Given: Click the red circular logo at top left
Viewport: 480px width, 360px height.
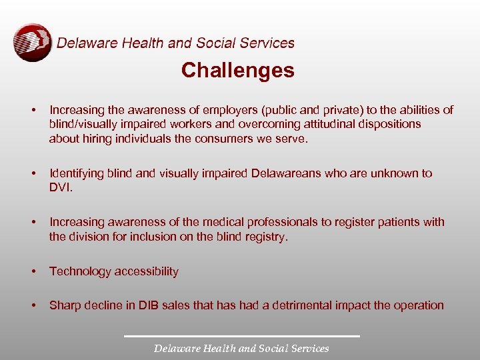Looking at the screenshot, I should coord(32,43).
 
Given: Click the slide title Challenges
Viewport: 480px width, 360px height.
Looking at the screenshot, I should coord(237,71).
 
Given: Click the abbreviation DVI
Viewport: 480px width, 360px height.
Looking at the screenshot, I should coord(59,188).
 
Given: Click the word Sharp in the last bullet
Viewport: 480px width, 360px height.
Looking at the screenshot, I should coord(65,305).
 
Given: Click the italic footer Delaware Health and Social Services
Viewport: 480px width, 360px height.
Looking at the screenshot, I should coord(241,348).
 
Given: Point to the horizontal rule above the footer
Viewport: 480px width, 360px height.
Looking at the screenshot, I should coord(241,335).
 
